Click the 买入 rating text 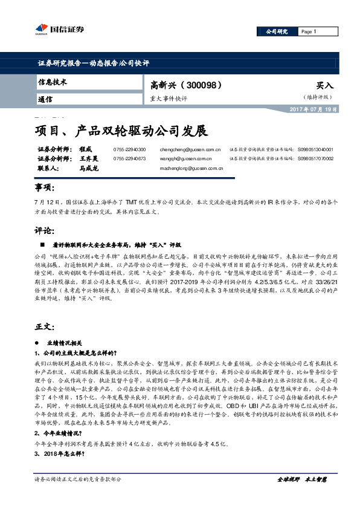click(x=325, y=86)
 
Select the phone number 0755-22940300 click(x=129, y=149)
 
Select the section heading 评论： click(x=44, y=231)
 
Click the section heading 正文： click(x=44, y=326)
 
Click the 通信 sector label click(x=45, y=99)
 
